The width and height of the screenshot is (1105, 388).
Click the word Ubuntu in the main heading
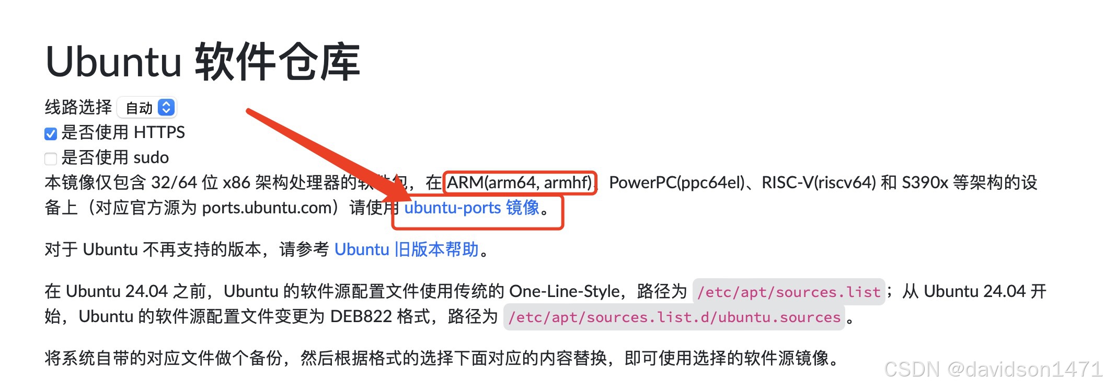tap(113, 62)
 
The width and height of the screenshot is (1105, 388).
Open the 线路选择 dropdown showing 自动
tap(147, 108)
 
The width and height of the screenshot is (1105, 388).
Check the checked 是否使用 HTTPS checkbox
tap(51, 134)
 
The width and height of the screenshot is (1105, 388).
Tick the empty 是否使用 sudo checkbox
tap(51, 158)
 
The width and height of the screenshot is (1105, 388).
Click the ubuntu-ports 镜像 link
tap(471, 208)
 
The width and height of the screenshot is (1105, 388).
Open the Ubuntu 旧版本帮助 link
tap(406, 249)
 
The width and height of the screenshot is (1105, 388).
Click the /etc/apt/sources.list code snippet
tap(788, 292)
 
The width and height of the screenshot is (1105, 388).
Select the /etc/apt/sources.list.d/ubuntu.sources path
tap(674, 317)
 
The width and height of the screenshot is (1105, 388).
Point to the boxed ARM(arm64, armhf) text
tap(520, 182)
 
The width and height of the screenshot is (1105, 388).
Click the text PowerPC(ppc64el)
tap(676, 182)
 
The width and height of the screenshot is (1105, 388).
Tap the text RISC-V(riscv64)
tap(818, 182)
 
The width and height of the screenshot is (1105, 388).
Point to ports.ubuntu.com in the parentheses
tap(267, 208)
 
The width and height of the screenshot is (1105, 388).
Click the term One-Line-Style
tap(564, 291)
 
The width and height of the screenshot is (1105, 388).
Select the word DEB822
tap(361, 317)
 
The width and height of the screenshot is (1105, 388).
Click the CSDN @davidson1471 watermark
tap(993, 369)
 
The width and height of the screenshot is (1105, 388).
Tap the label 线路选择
tap(78, 107)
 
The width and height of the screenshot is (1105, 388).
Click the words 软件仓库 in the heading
tap(278, 62)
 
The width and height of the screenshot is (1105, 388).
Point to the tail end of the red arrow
tap(250, 111)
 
